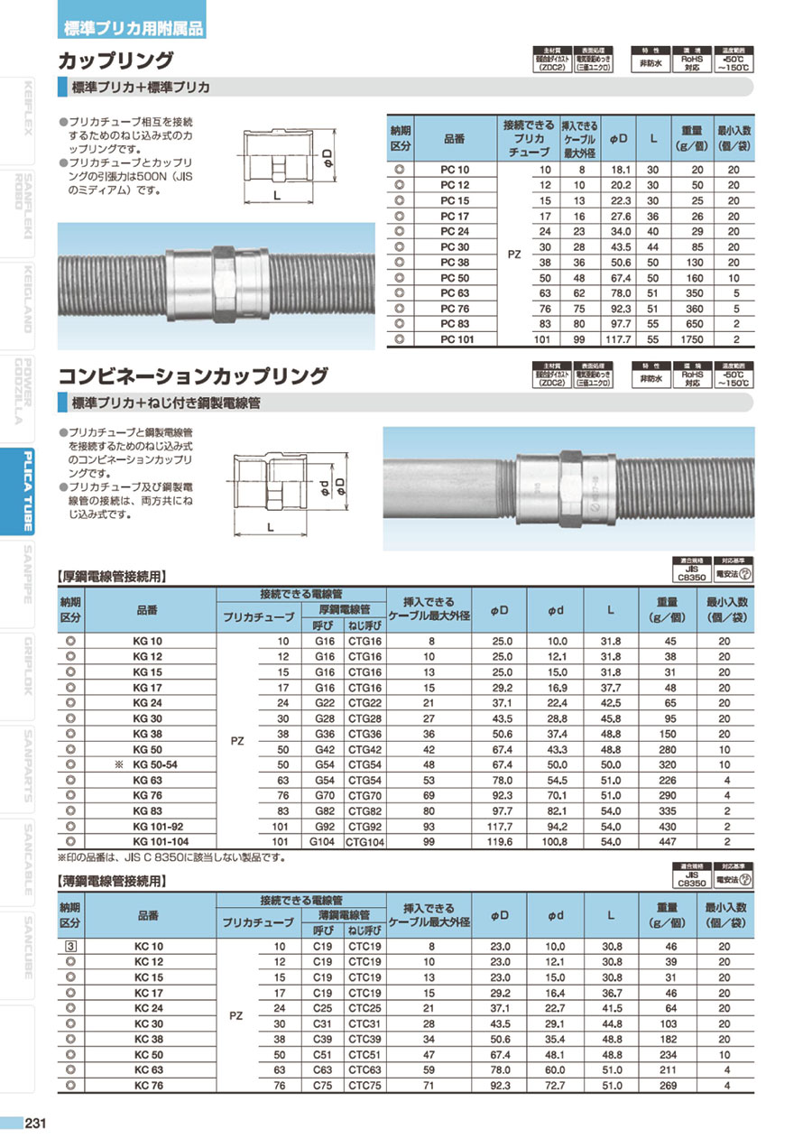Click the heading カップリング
[115, 60]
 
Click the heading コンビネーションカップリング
[192, 375]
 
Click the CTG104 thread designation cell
[364, 841]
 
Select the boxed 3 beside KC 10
[70, 946]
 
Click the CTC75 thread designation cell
[364, 1086]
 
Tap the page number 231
[36, 1124]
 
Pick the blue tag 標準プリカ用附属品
[133, 27]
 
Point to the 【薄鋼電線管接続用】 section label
[112, 880]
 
